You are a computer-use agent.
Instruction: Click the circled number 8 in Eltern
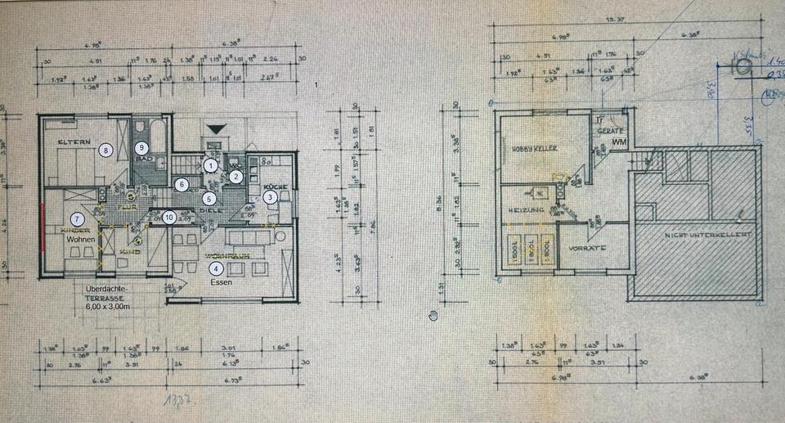[x=105, y=149]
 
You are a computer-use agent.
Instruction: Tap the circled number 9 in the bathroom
[x=141, y=147]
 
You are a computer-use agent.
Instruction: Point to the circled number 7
[x=77, y=218]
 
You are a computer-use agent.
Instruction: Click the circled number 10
[x=168, y=217]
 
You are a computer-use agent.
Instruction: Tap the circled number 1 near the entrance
[x=211, y=165]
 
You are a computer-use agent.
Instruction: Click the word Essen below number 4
[x=221, y=282]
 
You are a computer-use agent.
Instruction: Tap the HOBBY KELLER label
[x=533, y=149]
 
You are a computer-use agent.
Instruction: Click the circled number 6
[x=181, y=185]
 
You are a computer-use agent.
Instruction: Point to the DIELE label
[x=210, y=210]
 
